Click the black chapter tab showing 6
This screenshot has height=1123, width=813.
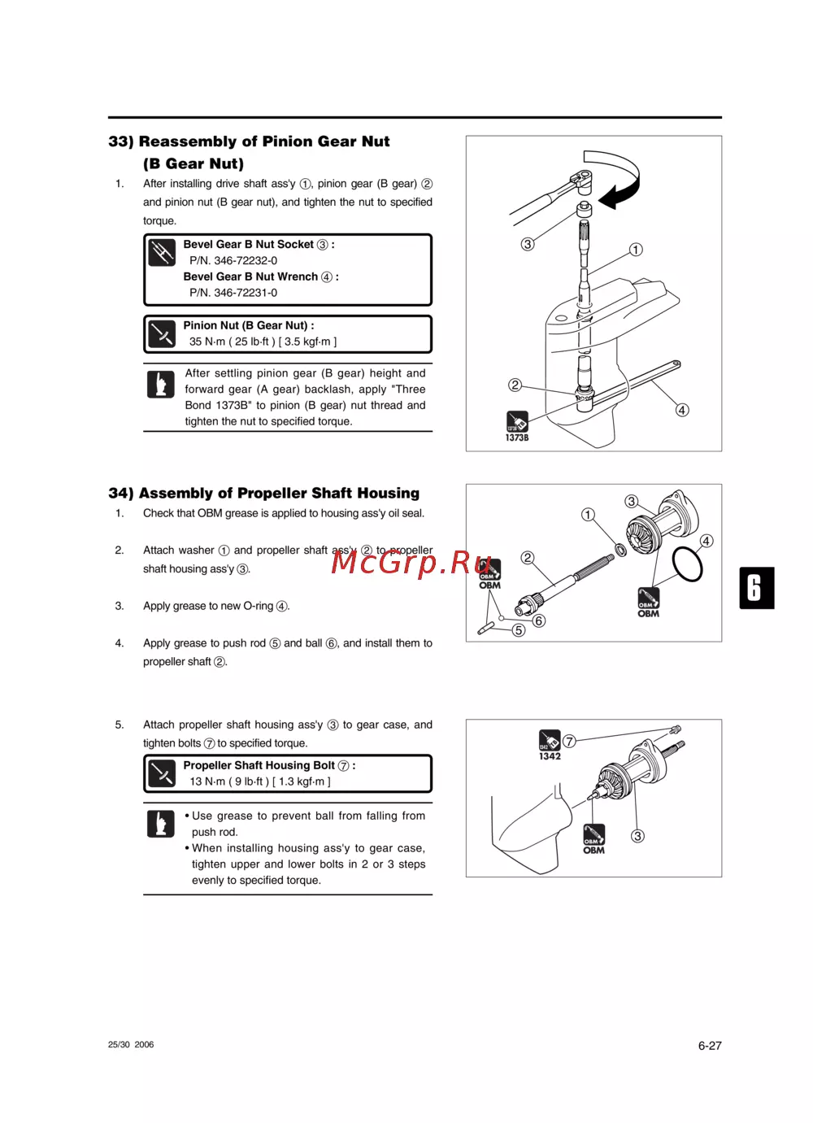756,588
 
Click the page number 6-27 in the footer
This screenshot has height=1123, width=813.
709,1046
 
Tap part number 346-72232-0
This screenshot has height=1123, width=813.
233,260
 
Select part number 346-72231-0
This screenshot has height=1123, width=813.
233,293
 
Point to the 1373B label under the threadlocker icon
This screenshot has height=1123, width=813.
517,437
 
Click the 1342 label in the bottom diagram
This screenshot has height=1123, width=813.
550,756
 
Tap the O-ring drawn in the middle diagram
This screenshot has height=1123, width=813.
688,564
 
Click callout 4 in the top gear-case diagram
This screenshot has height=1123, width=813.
682,410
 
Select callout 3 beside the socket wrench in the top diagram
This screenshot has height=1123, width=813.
528,244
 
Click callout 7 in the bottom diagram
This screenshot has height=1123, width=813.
569,741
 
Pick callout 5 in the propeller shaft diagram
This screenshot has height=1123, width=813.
519,630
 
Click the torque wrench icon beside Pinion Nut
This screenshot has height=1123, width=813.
162,333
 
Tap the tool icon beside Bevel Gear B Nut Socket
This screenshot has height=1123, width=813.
162,253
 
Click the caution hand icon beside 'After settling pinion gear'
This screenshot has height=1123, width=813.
161,384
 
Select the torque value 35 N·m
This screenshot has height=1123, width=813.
207,342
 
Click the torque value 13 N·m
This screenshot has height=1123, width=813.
207,781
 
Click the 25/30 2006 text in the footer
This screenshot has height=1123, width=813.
131,1045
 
